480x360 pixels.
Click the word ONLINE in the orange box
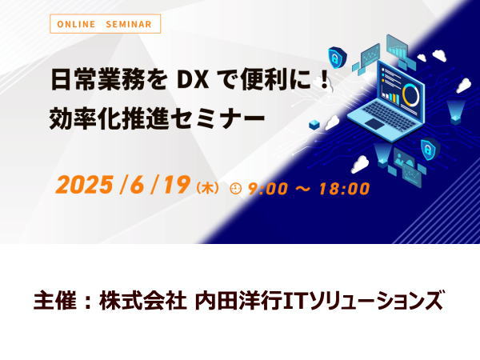click(76, 24)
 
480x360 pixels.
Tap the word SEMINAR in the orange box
click(129, 24)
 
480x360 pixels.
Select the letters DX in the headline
click(193, 81)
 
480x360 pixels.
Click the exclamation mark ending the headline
click(325, 81)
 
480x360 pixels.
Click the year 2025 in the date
click(84, 185)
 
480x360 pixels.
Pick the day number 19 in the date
click(175, 185)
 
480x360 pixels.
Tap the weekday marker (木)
click(208, 188)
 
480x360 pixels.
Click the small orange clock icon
click(236, 188)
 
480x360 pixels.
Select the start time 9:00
click(268, 189)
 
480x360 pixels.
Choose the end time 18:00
click(344, 189)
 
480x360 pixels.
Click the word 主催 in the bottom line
click(54, 301)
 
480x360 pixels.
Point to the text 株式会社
click(142, 301)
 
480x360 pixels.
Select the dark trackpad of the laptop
click(377, 124)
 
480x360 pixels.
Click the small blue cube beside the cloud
click(314, 125)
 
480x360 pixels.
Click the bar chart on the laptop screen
click(391, 97)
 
